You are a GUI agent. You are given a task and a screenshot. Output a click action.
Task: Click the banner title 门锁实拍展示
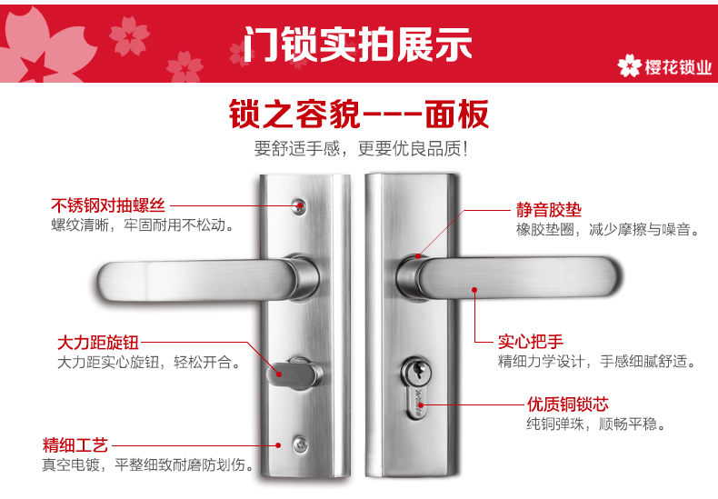357,44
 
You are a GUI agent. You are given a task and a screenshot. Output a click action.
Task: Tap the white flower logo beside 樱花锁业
629,66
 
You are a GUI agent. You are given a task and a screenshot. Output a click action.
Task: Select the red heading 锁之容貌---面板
358,114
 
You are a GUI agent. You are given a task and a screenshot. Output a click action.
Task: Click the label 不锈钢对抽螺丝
108,205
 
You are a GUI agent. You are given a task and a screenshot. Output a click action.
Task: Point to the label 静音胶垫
549,210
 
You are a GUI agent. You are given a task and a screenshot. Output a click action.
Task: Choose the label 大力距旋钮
98,343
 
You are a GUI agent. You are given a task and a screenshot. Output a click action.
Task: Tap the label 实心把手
530,342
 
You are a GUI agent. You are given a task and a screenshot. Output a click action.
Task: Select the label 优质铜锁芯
568,404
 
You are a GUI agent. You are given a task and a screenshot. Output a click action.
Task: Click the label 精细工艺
75,445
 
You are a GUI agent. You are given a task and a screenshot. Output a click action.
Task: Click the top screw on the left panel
299,206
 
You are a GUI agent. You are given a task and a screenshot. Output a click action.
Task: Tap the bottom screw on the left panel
301,444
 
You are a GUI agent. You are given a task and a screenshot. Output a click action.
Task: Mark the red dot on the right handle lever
474,290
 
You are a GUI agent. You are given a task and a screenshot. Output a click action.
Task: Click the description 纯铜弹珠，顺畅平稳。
596,424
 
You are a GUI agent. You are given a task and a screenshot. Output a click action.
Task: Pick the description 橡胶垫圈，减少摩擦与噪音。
608,229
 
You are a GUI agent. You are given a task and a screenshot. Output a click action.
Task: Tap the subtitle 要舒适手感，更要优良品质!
362,149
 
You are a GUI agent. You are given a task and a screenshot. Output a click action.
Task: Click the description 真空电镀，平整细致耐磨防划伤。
148,464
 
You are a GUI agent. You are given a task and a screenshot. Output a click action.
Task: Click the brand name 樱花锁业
678,67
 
